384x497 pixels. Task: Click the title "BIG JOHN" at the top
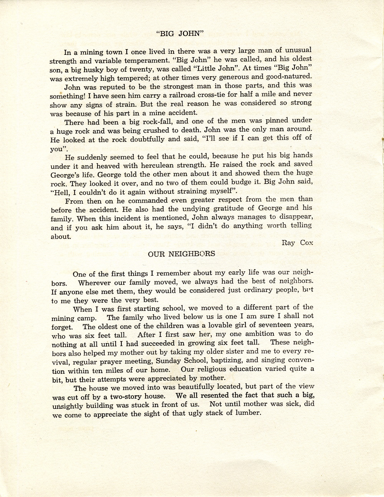(x=180, y=33)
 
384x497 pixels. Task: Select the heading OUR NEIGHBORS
(x=181, y=254)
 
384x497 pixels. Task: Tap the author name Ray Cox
(x=297, y=243)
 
